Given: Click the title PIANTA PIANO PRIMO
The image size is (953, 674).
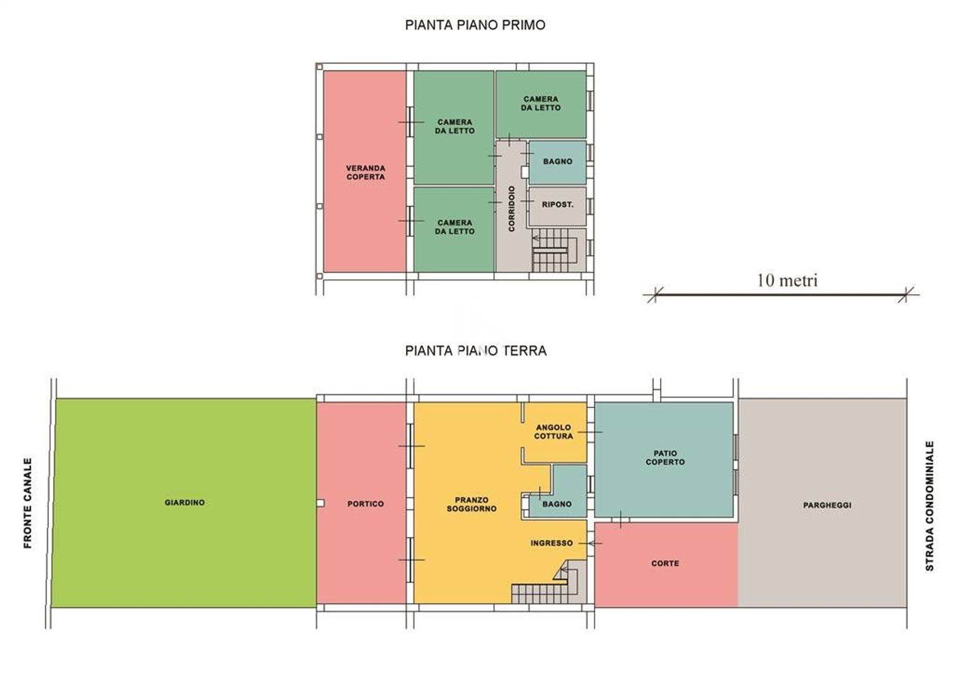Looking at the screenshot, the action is coord(475,25).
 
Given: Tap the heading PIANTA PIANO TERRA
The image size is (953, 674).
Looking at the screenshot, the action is coord(476,351).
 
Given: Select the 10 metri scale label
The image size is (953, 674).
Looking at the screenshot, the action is coord(788,280).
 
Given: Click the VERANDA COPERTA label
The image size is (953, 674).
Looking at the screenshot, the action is coord(365,173).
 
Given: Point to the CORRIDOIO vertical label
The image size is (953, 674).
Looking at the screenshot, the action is coord(511,208).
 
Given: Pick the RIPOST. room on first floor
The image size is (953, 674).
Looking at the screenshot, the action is coord(557,206).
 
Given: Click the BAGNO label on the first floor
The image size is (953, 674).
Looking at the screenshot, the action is coord(557,162).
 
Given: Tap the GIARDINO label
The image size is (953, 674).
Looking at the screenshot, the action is coord(185,502).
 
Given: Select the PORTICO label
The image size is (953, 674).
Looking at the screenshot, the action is coord(365,504).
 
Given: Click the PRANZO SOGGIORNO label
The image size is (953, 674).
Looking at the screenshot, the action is coord(471,504).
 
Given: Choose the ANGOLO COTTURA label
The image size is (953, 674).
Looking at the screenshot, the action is coord(553,431).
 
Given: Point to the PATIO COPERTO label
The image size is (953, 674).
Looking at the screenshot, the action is coord(665,457).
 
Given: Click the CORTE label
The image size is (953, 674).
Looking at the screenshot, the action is coord(665,563).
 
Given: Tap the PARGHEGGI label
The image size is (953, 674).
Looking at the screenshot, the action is coord(827,505).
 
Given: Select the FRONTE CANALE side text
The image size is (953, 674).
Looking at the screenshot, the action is coord(28,503).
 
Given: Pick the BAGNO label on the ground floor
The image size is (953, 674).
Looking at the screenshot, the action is coord(557,504).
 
